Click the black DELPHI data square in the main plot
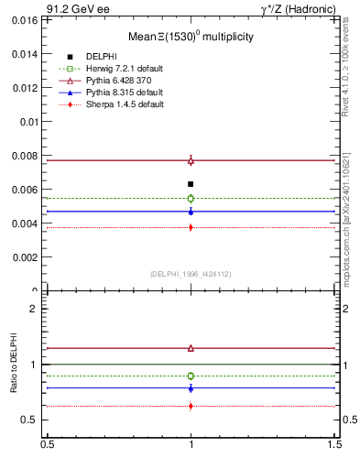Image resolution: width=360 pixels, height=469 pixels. click(x=191, y=184)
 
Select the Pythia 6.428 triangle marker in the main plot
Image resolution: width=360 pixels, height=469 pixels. click(x=191, y=160)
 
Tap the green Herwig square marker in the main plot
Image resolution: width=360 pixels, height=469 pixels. click(x=191, y=198)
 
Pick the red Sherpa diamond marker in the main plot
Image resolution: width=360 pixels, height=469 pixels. click(x=191, y=227)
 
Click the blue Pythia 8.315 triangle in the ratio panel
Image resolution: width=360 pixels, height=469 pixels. click(x=191, y=388)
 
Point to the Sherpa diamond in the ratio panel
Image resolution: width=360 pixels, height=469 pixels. click(x=191, y=406)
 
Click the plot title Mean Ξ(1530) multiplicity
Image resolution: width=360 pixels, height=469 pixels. click(x=191, y=37)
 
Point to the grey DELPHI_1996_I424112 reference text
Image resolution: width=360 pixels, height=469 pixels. click(x=191, y=274)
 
